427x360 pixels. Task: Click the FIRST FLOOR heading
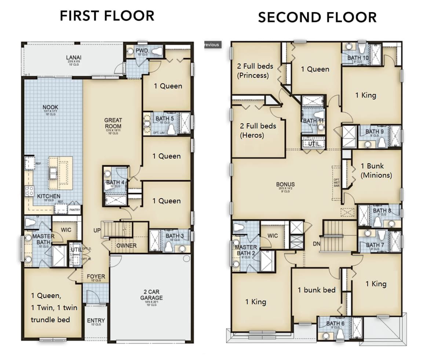tap(107, 16)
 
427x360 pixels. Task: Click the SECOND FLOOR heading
tap(317, 17)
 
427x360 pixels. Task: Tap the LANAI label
tap(73, 58)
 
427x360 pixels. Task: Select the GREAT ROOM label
tap(113, 123)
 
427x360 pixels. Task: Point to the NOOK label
tap(50, 107)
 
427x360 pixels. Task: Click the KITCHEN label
tap(48, 196)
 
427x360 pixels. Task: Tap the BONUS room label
tap(285, 184)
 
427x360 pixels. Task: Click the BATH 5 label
tap(165, 119)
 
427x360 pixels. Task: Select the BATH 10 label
tap(358, 58)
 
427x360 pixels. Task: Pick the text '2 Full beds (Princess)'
tap(255, 71)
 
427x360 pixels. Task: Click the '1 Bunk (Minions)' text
tap(376, 171)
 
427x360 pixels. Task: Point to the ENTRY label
tap(96, 320)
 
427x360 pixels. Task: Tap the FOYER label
tap(96, 276)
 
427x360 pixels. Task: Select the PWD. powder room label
tap(141, 50)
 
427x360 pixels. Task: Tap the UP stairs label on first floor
tap(97, 230)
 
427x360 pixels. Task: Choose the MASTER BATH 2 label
tap(246, 250)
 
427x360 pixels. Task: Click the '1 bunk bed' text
tap(317, 290)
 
